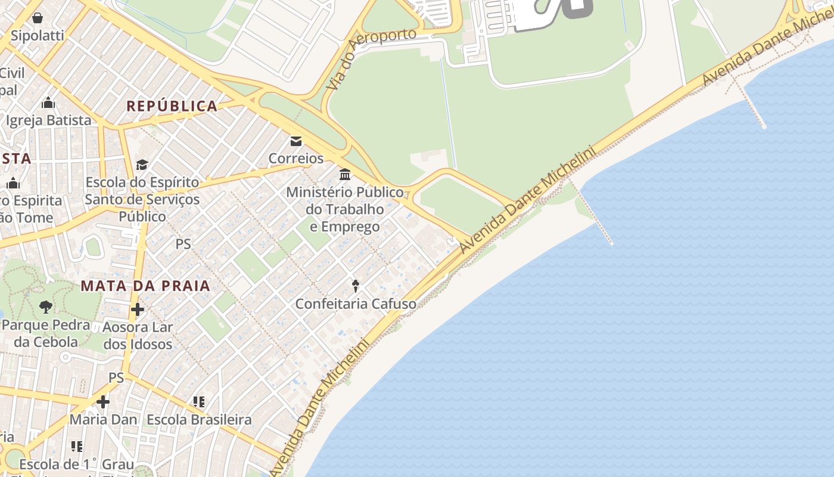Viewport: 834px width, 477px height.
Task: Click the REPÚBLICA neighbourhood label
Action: tap(172, 107)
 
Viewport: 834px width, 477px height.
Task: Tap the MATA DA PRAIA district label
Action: tap(145, 286)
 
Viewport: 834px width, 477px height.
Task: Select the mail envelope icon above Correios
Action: tap(295, 142)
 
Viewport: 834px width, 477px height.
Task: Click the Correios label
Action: tap(296, 159)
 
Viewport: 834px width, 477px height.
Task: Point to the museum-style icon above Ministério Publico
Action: tap(345, 175)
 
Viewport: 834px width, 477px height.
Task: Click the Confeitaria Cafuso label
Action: tap(356, 304)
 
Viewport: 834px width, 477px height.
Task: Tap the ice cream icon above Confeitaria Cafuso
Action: tap(356, 286)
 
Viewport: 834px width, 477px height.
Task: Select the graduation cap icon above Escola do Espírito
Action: tap(142, 165)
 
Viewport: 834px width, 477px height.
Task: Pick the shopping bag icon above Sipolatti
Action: tap(38, 18)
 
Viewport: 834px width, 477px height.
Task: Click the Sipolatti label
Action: tap(38, 35)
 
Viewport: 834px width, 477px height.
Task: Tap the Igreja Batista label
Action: tap(49, 120)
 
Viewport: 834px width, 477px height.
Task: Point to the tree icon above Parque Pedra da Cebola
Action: tap(45, 308)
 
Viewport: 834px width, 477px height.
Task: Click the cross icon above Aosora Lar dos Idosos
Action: tap(138, 309)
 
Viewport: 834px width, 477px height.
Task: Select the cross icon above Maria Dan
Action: tap(103, 402)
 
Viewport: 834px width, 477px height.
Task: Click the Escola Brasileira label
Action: tap(199, 420)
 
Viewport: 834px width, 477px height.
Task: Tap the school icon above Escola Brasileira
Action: tap(199, 402)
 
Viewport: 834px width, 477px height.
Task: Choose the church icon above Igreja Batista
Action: tap(48, 103)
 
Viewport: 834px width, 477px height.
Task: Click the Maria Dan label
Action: tap(103, 420)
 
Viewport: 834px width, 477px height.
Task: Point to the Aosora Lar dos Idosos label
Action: tap(138, 336)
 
